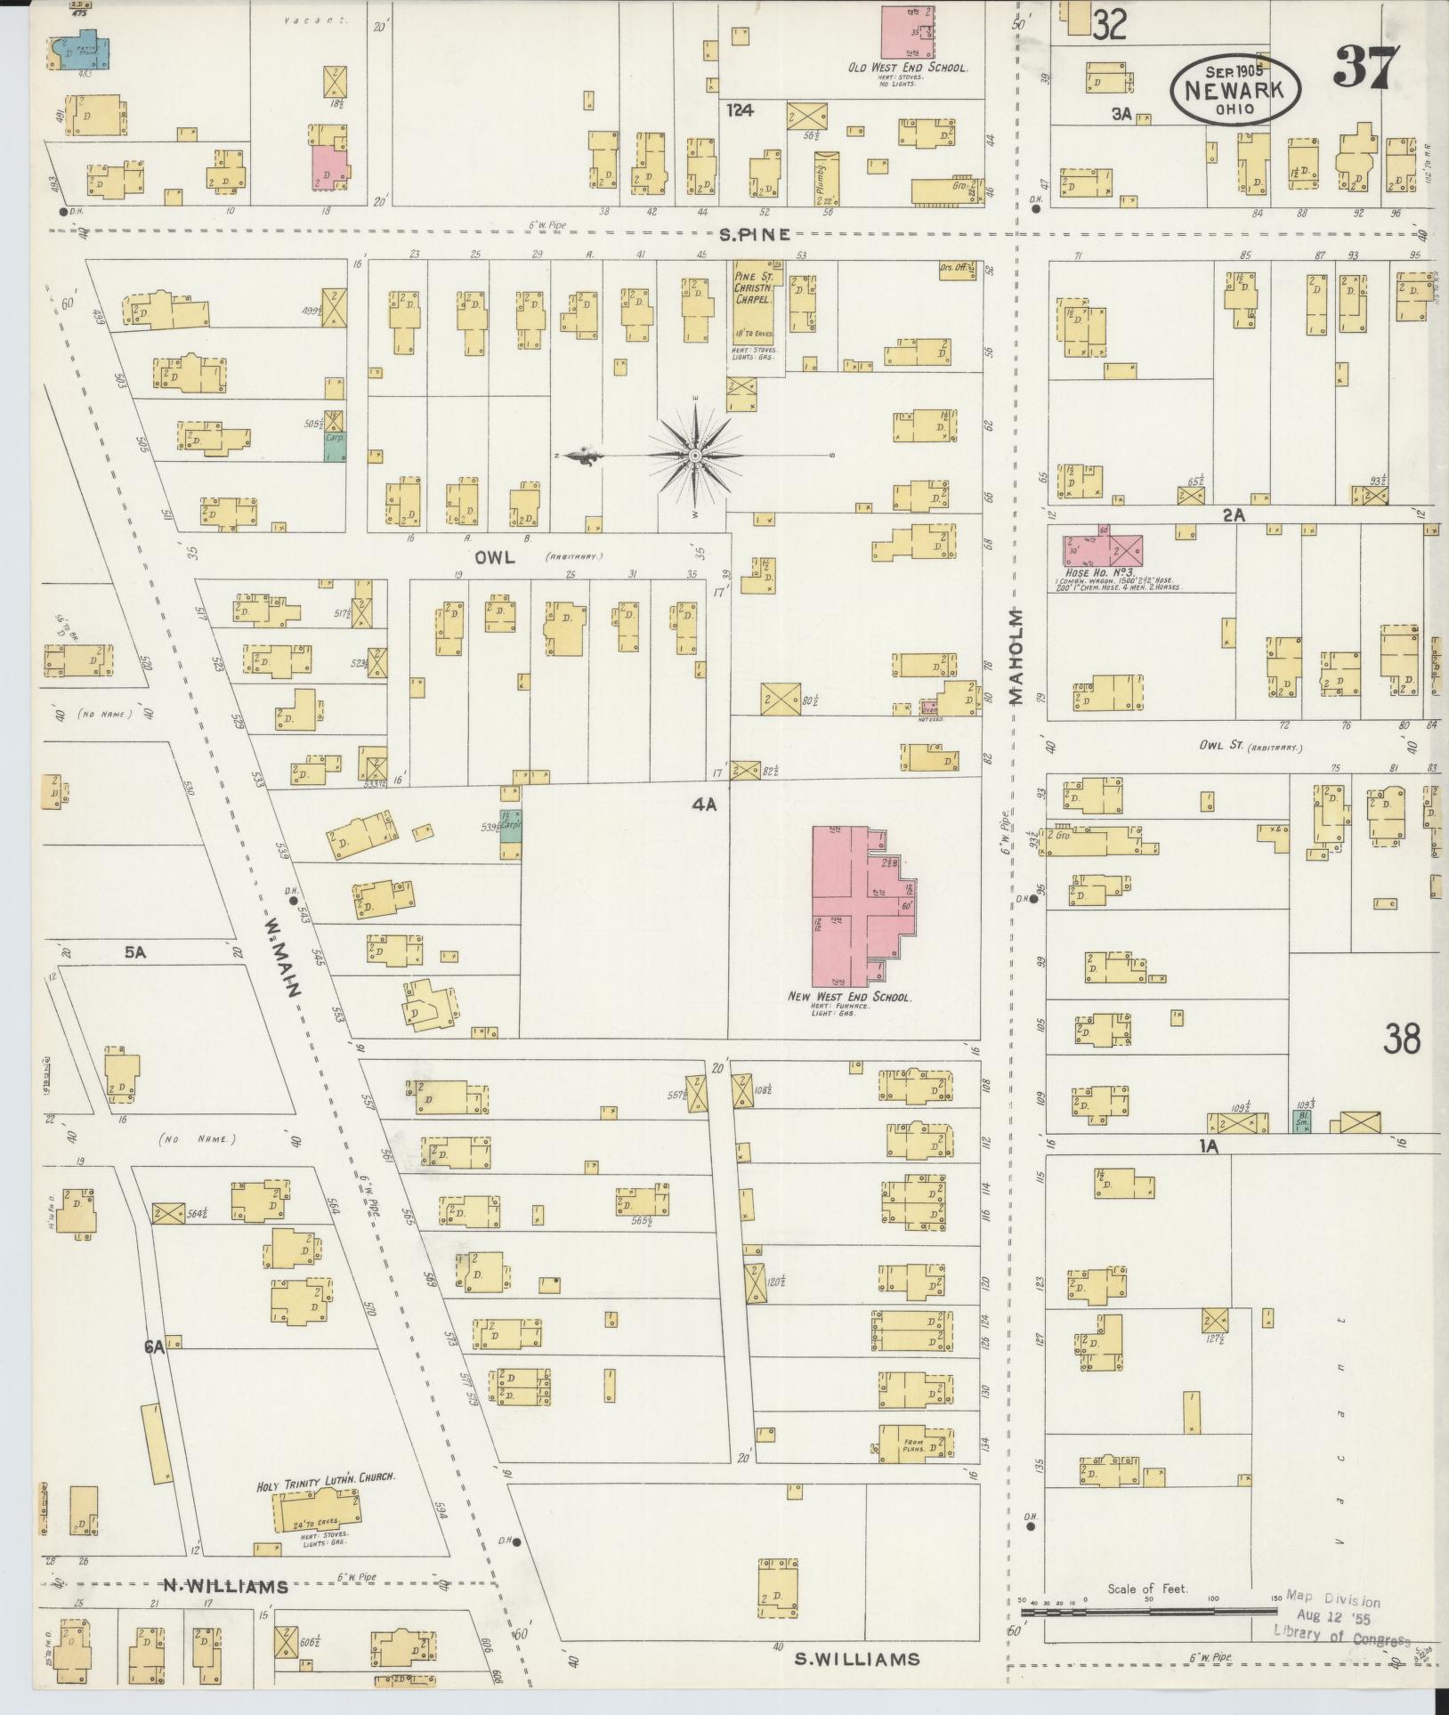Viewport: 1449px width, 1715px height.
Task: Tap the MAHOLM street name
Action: click(x=1016, y=657)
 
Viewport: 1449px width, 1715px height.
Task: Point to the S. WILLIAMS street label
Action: click(x=856, y=1658)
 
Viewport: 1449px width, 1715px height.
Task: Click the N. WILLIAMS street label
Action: click(x=225, y=1586)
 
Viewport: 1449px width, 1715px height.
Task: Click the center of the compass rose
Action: click(x=694, y=456)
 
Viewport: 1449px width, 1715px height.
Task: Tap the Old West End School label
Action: click(x=907, y=68)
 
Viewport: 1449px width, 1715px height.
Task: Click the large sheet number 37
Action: click(x=1366, y=67)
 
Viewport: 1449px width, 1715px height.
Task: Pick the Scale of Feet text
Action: click(x=1147, y=1589)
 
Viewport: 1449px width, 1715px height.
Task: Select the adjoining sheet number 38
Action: click(x=1402, y=1039)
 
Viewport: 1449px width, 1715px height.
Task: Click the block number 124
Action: click(x=739, y=110)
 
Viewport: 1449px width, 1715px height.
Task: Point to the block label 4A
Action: click(x=704, y=805)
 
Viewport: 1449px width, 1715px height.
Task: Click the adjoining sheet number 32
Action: click(x=1109, y=25)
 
